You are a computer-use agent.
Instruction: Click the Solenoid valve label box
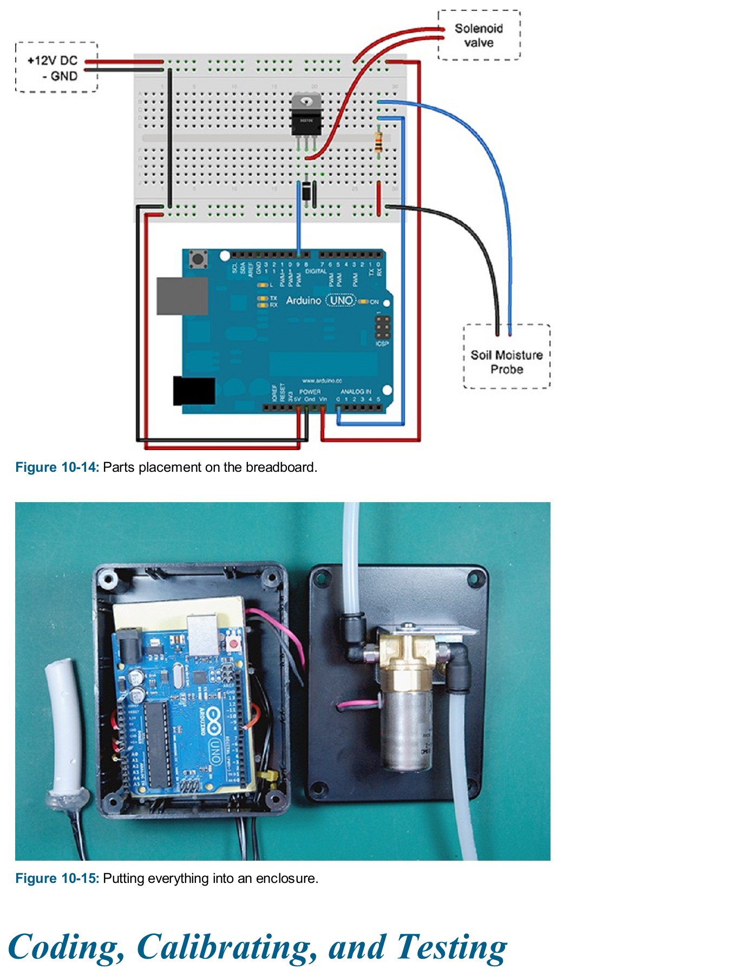point(479,35)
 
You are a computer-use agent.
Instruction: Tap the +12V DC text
point(53,60)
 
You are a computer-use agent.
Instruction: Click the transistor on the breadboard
point(306,117)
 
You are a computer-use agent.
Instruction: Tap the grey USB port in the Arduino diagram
point(182,296)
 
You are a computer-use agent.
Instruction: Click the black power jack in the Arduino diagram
point(194,391)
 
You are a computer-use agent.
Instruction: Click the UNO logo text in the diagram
point(342,300)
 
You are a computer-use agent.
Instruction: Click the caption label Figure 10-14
point(57,467)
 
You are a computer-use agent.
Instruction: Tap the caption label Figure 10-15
point(57,878)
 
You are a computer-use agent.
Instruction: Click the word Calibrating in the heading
point(226,947)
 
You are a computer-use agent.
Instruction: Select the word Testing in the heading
point(451,947)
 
